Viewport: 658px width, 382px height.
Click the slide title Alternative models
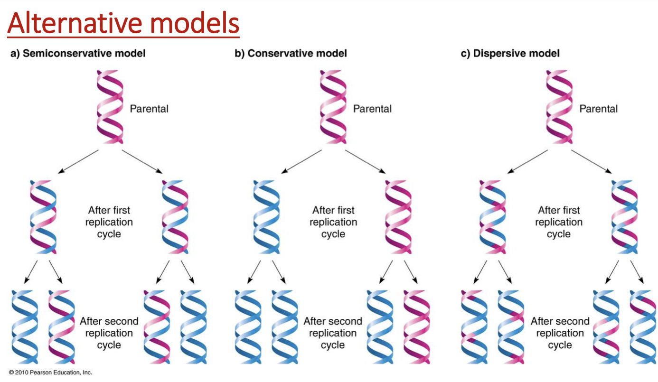123,24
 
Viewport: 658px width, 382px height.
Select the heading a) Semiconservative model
78,54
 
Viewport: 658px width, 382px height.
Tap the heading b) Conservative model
291,54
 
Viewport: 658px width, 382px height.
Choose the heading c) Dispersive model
510,54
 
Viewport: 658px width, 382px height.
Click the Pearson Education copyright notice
50,373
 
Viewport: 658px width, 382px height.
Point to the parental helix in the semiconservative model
110,107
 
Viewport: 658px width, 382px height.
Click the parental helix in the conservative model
333,107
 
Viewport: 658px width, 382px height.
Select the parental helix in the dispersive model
559,107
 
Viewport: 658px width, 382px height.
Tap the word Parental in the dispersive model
598,109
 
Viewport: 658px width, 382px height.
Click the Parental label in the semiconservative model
149,109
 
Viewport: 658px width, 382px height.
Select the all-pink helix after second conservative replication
416,327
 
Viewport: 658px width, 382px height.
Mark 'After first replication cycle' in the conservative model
333,222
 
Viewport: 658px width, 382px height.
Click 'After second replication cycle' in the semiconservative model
109,333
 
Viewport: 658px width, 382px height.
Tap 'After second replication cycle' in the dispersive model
560,333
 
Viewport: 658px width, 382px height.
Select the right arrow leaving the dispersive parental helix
591,161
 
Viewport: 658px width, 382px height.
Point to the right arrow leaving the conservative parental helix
365,161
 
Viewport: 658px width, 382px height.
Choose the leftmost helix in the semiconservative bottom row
25,327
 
